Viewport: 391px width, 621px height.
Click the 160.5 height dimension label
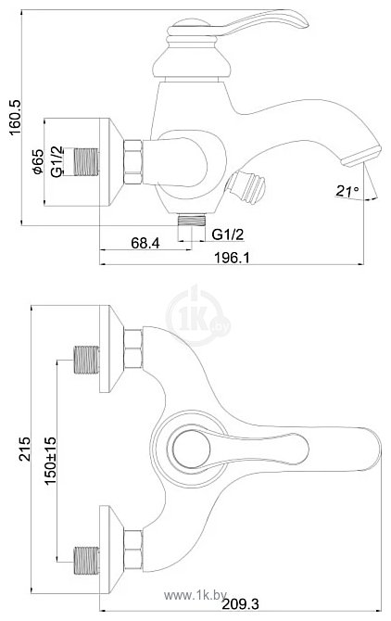(x=16, y=117)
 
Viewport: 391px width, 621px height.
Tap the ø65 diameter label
(x=38, y=161)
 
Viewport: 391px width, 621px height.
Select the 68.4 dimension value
(x=145, y=243)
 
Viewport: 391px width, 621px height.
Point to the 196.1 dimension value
(x=232, y=258)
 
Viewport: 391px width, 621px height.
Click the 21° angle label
(x=347, y=191)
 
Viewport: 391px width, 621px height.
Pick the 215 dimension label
(x=25, y=449)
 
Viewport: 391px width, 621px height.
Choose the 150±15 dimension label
(x=50, y=461)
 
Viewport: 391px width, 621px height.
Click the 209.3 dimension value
(x=240, y=604)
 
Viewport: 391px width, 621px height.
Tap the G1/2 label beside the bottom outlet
(x=228, y=234)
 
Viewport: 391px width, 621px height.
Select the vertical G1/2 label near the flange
(x=57, y=161)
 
